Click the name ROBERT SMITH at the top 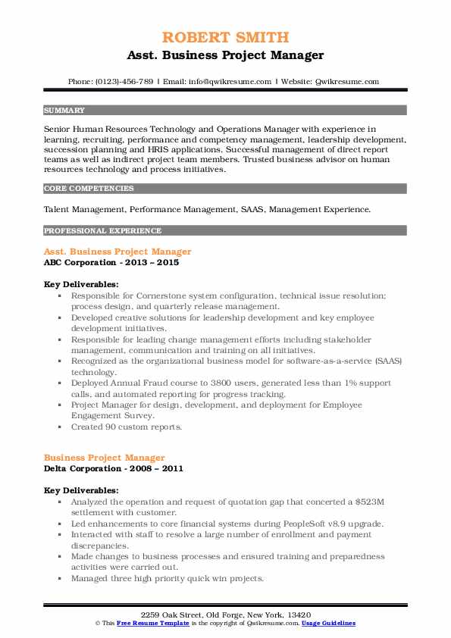225,37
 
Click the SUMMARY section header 64,110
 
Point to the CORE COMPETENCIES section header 89,188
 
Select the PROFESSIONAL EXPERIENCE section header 102,230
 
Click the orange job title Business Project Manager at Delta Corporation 105,458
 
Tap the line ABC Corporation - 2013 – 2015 113,262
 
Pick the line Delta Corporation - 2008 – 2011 114,468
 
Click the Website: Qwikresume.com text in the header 330,81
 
